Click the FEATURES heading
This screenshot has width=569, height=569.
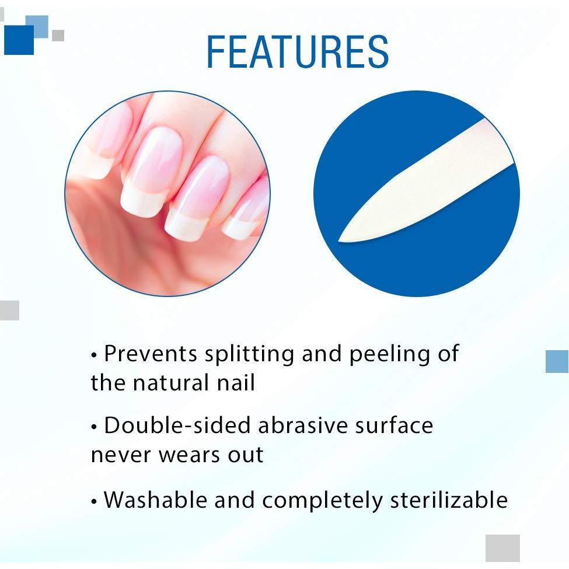(298, 51)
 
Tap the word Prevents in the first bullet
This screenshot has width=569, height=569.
(151, 353)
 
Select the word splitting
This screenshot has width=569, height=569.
(250, 354)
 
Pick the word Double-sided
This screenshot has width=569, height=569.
(177, 425)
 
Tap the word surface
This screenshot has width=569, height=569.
(394, 425)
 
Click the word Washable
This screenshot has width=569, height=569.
(156, 500)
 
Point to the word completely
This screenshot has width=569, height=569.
(322, 501)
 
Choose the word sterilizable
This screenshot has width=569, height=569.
(449, 500)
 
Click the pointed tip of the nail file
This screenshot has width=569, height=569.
(339, 240)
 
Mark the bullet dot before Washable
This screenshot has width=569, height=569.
(95, 502)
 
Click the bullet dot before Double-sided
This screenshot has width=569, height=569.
(95, 427)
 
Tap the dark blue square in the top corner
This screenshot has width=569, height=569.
(19, 40)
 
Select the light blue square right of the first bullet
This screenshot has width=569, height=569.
(557, 361)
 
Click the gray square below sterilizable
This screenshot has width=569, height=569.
(502, 548)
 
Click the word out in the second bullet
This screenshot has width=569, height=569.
(245, 455)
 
